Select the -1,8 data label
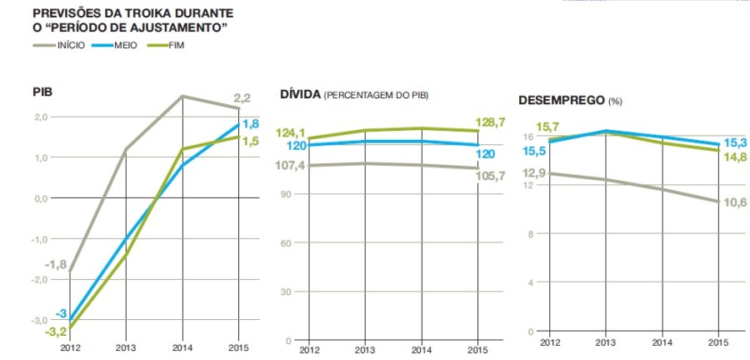[x=55, y=264]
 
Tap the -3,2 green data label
[x=54, y=331]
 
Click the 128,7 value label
[x=490, y=122]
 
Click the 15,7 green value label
[x=547, y=127]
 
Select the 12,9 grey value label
[x=534, y=172]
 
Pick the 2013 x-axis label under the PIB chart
[x=126, y=347]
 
